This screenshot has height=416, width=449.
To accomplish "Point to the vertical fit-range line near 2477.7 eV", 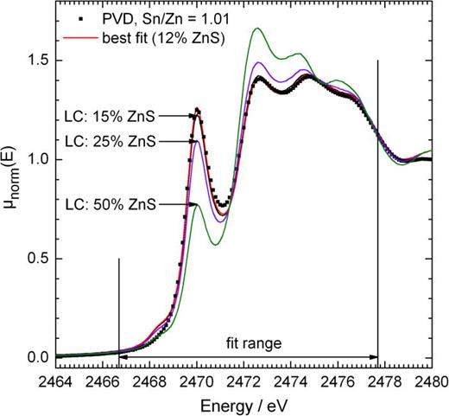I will coord(377,208).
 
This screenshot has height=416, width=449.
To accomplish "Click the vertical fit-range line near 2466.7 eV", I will coord(118,311).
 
